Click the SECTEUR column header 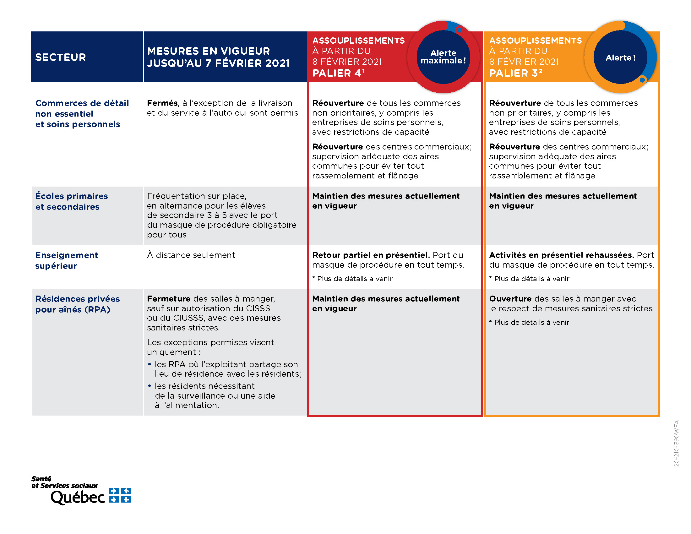(60, 57)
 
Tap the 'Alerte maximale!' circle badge (443, 57)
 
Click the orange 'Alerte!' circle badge (620, 57)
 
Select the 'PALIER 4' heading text (338, 73)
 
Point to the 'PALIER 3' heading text (515, 73)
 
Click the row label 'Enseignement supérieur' (67, 260)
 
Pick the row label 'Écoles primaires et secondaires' (72, 201)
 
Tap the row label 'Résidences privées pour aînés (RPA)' (77, 304)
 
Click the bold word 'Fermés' (162, 103)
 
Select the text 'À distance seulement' (191, 255)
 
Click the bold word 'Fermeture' (169, 299)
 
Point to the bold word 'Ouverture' (510, 299)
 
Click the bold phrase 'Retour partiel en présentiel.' (371, 255)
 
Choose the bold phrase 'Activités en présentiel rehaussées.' (561, 255)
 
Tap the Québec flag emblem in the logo (120, 495)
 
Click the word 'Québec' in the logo (78, 497)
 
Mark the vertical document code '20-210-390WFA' (676, 443)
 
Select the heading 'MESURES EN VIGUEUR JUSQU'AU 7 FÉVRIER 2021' (218, 57)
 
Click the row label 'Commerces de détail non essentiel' (82, 108)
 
